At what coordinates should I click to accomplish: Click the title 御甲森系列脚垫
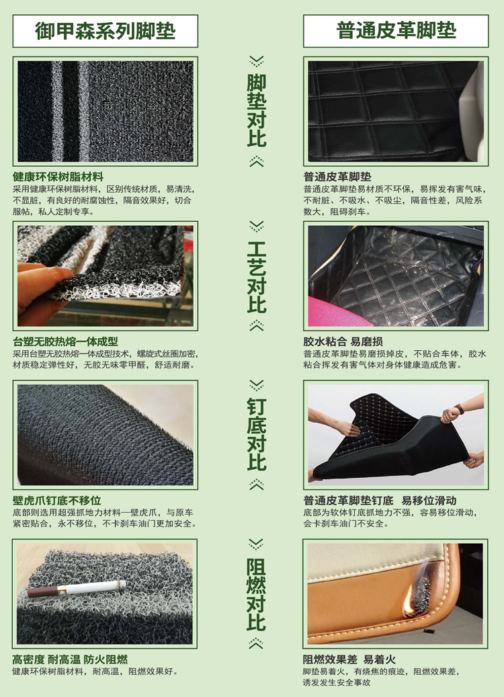[x=106, y=31]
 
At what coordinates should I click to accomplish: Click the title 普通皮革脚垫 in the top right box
[x=396, y=31]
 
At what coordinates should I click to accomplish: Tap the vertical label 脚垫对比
[x=257, y=110]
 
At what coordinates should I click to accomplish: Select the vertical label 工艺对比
[x=257, y=276]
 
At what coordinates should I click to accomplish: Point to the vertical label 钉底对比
[x=257, y=434]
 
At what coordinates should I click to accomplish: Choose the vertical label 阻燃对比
[x=257, y=594]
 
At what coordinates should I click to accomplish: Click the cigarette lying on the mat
[x=76, y=588]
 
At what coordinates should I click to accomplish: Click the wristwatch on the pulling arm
[x=459, y=409]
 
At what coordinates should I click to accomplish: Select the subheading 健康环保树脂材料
[x=58, y=177]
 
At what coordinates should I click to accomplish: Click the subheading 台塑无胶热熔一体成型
[x=65, y=341]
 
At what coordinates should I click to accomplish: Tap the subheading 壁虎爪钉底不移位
[x=57, y=500]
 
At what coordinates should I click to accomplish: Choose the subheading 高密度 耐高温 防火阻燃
[x=70, y=659]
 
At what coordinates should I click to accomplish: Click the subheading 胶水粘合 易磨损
[x=343, y=341]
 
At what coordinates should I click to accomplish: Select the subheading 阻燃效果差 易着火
[x=349, y=659]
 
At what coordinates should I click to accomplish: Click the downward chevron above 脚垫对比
[x=257, y=61]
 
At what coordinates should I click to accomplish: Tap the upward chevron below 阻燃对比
[x=257, y=643]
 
